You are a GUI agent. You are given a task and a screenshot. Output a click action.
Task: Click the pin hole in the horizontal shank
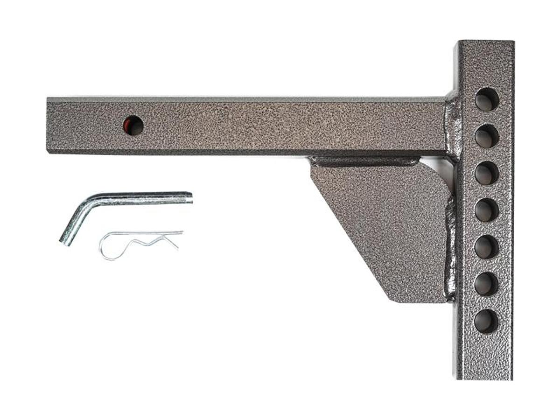[x=133, y=126]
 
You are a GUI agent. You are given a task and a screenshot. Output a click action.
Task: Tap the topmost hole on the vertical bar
[x=487, y=99]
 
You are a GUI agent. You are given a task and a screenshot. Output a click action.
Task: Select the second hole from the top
[x=487, y=136]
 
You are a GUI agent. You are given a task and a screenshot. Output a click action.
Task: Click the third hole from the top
[x=487, y=173]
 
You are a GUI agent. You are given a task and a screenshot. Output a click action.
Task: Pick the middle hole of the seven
[x=487, y=210]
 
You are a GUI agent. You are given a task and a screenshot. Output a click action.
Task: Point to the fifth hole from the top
[x=487, y=247]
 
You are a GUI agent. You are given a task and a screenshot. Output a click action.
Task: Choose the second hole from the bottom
[x=487, y=284]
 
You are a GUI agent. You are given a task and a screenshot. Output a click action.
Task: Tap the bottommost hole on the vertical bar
[x=486, y=321]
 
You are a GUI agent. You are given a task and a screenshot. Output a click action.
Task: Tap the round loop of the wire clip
[x=108, y=247]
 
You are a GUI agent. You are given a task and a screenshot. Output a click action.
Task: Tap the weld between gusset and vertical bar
[x=450, y=247]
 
